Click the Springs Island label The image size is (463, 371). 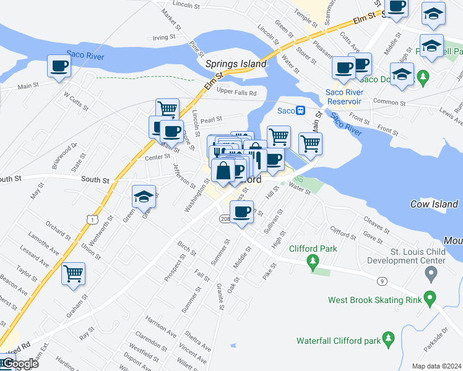click(x=236, y=64)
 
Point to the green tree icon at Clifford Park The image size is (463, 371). click(x=313, y=263)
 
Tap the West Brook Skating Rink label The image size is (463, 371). click(x=373, y=301)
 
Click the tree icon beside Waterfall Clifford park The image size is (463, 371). click(x=389, y=338)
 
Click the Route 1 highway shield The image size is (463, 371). click(x=92, y=220)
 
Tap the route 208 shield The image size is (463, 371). click(x=225, y=218)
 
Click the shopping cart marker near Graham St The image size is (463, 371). click(x=74, y=273)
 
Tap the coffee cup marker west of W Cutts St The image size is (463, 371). click(x=59, y=66)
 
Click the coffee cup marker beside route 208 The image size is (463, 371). click(x=243, y=212)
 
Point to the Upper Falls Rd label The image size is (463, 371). click(x=236, y=93)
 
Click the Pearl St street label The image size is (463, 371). click(x=210, y=118)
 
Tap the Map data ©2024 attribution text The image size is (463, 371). click(x=436, y=366)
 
